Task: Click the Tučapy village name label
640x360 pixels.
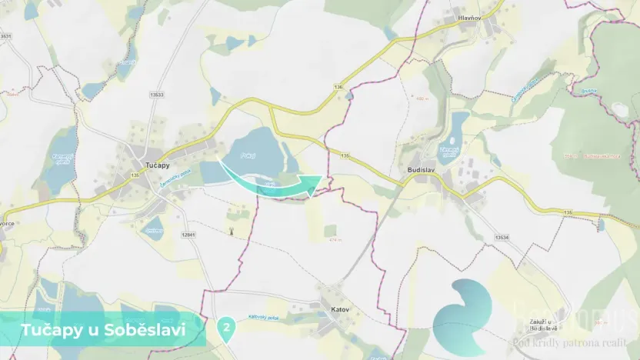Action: click(x=157, y=165)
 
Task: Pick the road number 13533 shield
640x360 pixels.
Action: click(x=157, y=94)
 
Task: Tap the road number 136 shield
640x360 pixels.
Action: click(x=338, y=87)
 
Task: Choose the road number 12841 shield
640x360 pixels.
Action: click(x=189, y=234)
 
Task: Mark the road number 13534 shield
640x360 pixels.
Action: click(x=502, y=238)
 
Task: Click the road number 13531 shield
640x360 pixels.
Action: click(x=6, y=36)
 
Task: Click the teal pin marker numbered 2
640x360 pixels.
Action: click(x=226, y=328)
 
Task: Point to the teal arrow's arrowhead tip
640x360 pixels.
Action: click(x=321, y=178)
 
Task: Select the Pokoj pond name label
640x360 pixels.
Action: click(x=247, y=153)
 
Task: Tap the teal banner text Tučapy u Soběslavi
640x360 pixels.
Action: click(x=102, y=329)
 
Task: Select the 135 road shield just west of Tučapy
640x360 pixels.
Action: click(x=135, y=176)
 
